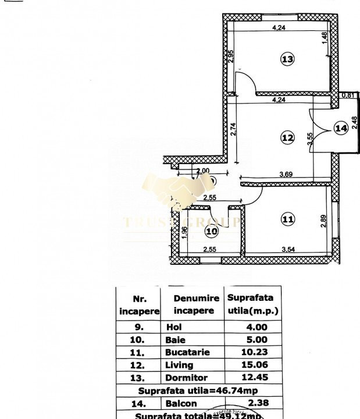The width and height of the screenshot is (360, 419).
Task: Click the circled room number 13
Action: point(287,59)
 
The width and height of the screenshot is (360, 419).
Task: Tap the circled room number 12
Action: point(287,138)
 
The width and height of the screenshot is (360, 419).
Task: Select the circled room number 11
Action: point(287,219)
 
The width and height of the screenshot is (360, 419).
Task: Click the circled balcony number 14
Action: point(341,127)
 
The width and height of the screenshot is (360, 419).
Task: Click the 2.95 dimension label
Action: point(231,57)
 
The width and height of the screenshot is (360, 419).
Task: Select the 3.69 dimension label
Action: point(286,173)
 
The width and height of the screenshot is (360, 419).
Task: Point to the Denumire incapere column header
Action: point(197,304)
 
